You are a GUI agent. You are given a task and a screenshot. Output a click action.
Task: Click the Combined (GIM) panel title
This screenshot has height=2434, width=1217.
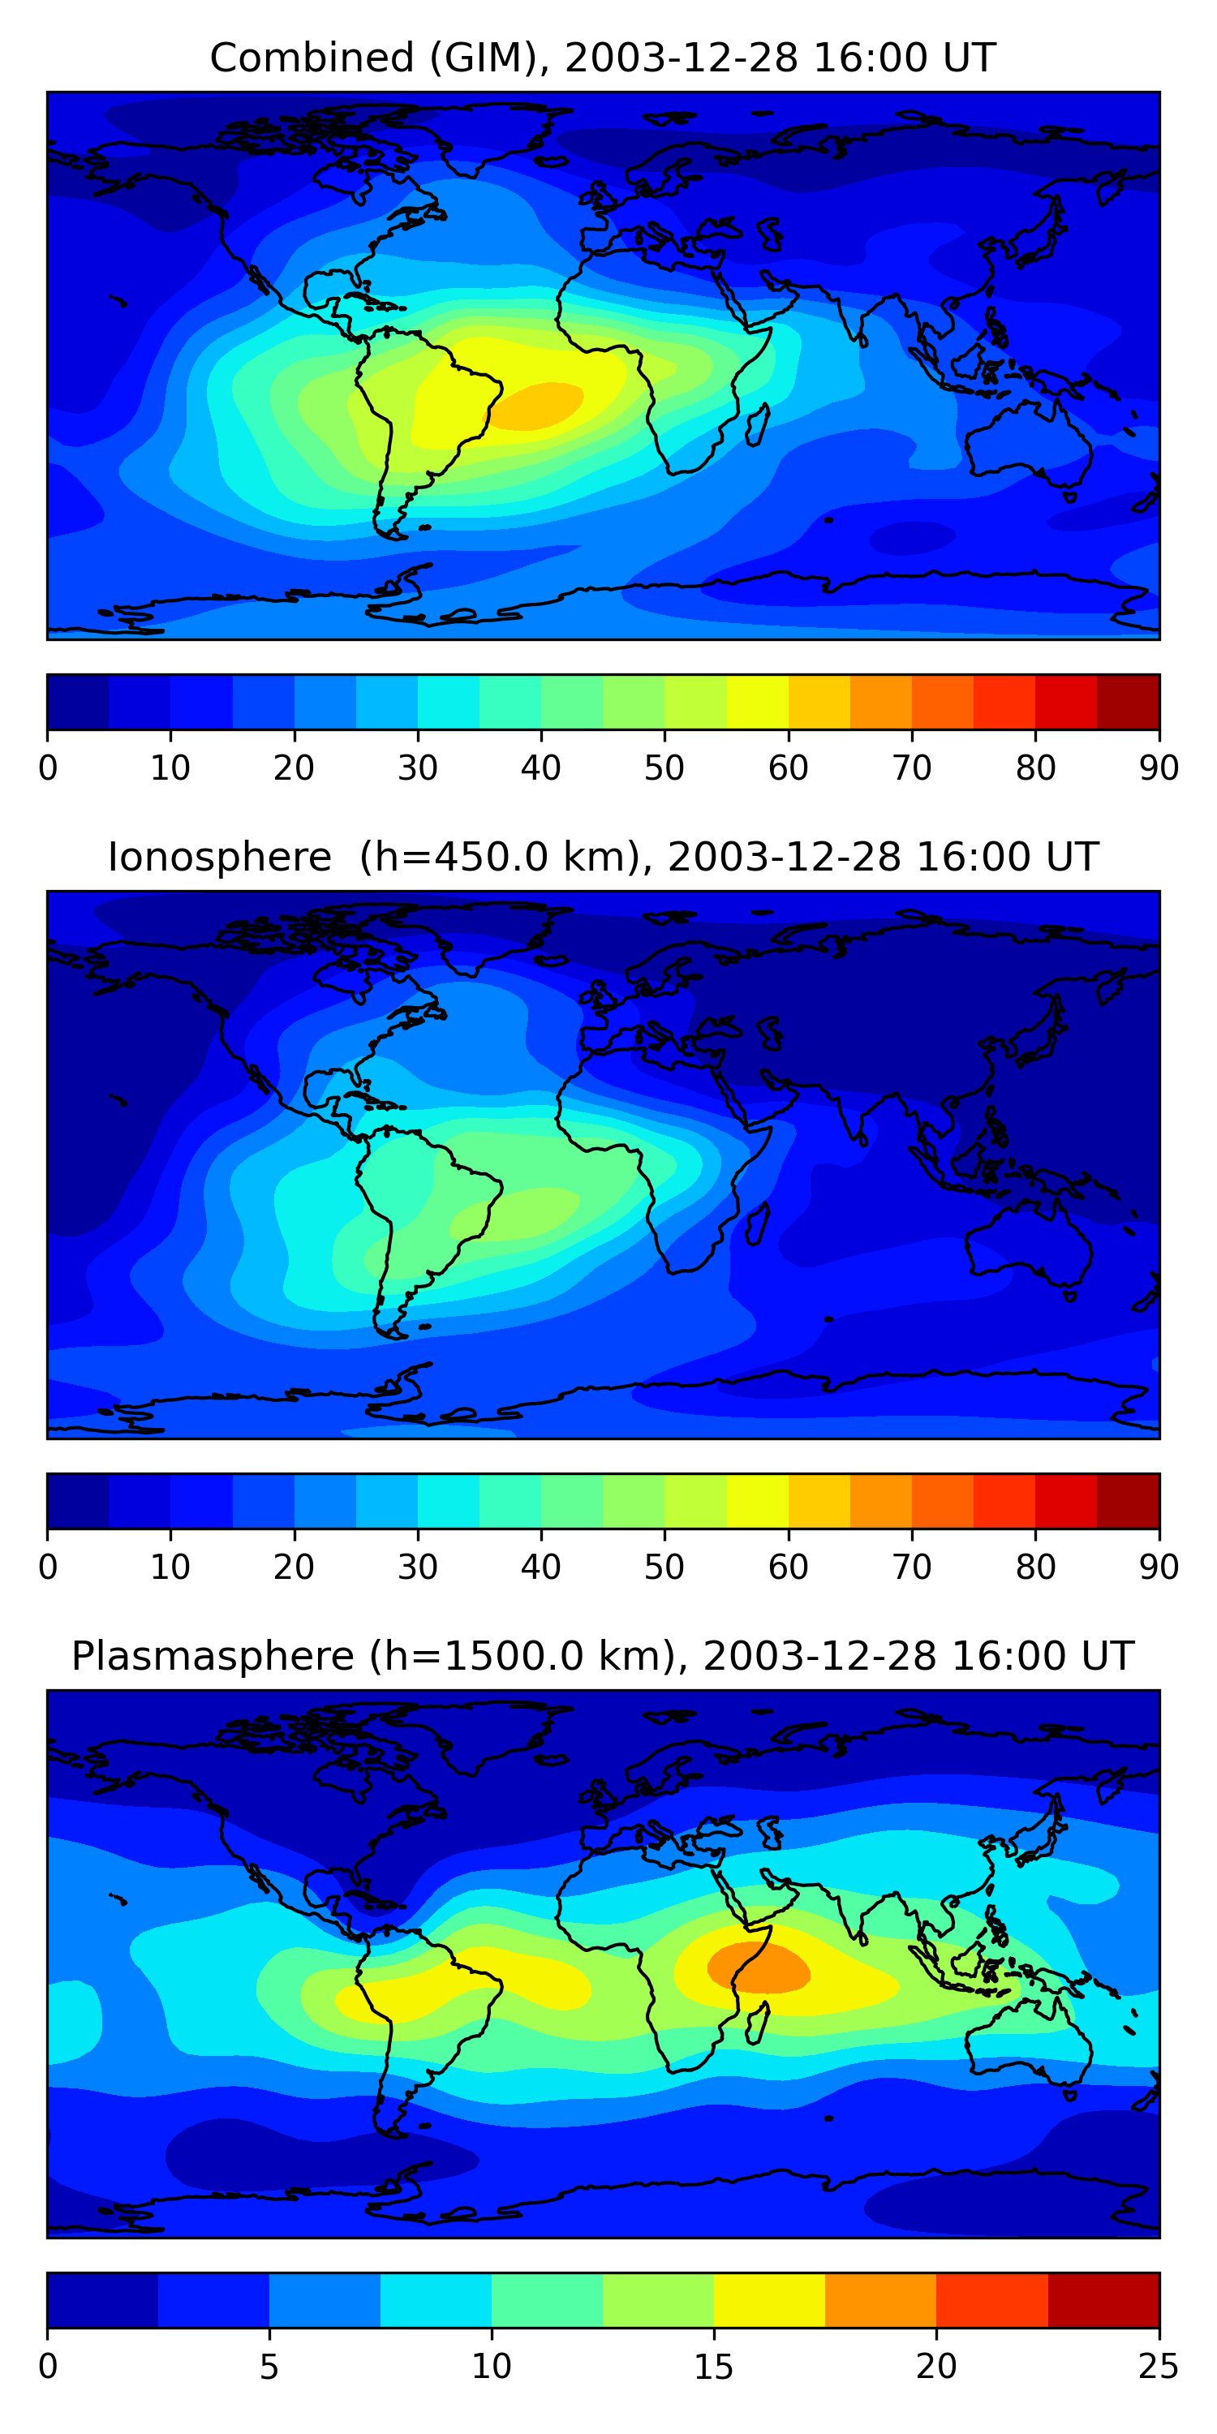[602, 58]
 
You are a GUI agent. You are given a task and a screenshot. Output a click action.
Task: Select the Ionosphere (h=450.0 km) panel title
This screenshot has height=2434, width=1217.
[602, 857]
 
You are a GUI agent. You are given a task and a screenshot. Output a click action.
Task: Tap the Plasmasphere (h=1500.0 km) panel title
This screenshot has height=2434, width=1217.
[602, 1657]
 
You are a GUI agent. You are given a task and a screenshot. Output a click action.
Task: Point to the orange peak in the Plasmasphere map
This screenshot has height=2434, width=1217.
[759, 1968]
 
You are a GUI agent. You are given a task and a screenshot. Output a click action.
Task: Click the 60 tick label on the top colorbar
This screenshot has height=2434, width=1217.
[788, 768]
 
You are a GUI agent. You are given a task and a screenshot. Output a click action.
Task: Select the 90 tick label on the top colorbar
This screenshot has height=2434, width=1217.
[1159, 768]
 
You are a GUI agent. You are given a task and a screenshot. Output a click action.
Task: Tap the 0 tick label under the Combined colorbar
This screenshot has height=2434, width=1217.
[48, 768]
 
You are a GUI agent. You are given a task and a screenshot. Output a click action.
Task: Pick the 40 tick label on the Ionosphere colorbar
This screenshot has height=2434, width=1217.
[540, 1567]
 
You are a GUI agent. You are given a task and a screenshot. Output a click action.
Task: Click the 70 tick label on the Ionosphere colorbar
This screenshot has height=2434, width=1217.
[912, 1567]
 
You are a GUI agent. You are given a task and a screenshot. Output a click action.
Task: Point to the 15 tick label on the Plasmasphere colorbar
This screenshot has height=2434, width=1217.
[713, 2367]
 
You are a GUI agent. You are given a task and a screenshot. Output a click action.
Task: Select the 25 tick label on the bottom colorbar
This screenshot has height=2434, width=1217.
[1159, 2367]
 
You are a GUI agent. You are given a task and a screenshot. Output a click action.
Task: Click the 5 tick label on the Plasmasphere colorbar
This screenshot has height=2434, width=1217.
[269, 2367]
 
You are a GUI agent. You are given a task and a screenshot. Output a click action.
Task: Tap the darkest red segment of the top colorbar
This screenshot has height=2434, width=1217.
[1129, 702]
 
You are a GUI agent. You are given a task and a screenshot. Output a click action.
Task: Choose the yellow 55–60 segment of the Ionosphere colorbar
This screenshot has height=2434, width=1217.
[758, 1500]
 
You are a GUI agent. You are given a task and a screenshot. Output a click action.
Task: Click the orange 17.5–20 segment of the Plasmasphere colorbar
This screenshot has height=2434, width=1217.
[880, 2300]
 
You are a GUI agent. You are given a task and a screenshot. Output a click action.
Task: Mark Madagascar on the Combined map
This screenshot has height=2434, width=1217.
[758, 425]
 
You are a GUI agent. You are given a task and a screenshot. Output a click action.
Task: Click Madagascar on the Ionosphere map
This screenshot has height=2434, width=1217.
[758, 1223]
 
